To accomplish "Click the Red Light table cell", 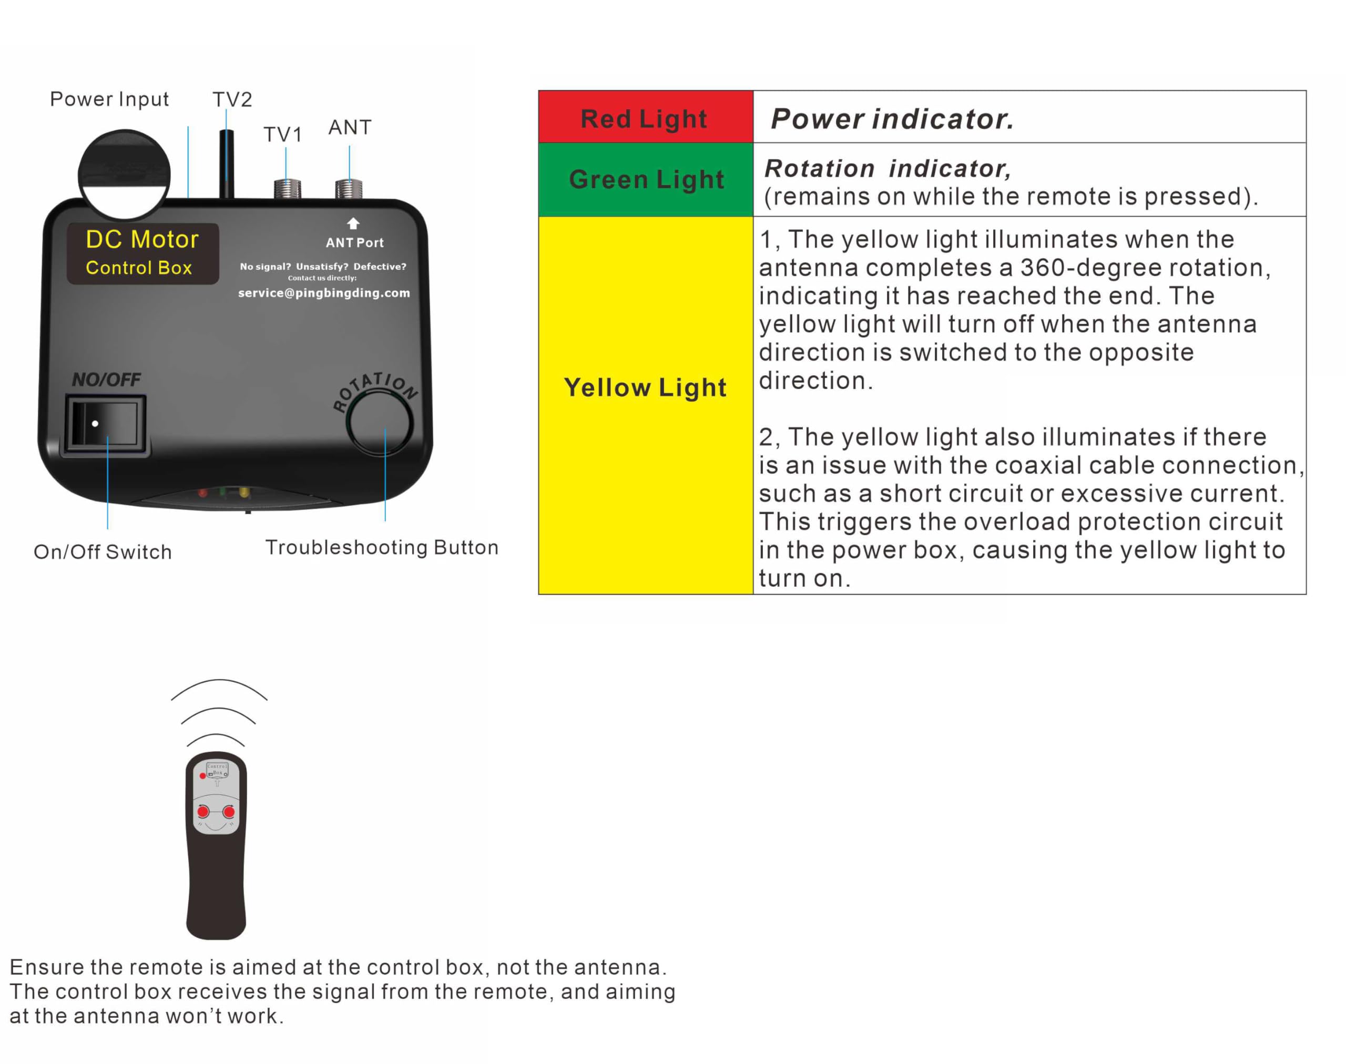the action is tap(645, 118).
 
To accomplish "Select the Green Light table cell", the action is tap(646, 179).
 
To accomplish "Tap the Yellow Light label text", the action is tap(645, 387).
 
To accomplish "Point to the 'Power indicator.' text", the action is tap(892, 118).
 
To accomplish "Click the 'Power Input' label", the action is tap(109, 99).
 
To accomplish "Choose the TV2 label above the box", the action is tap(232, 100).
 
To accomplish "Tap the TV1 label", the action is tap(282, 134).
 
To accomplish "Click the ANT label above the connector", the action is tap(350, 127).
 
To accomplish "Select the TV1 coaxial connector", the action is tap(287, 188).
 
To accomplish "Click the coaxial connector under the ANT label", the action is tap(349, 188).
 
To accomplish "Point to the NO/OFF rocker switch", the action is tap(105, 424).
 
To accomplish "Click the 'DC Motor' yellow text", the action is tap(142, 239).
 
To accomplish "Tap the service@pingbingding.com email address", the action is tap(324, 293).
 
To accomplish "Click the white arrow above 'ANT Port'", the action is tap(353, 223).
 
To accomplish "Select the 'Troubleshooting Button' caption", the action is tap(381, 548).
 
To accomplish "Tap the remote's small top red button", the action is tap(202, 775).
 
